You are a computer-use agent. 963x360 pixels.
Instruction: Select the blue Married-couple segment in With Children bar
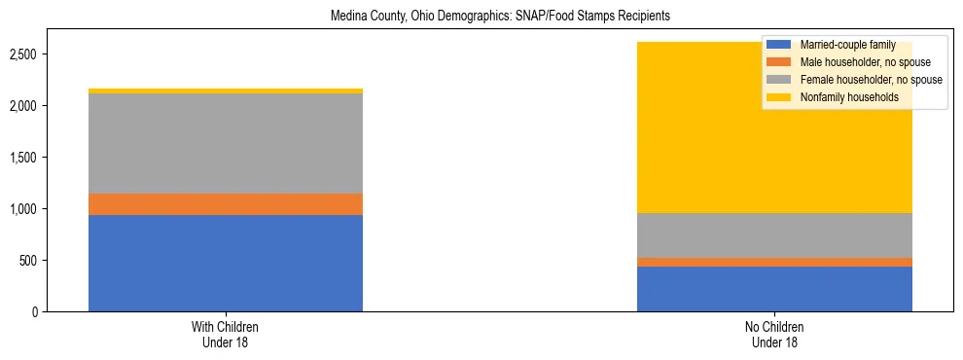tap(226, 263)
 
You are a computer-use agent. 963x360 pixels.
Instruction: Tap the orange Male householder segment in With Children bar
tap(226, 204)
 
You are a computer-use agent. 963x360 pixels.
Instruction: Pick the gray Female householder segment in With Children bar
tap(226, 143)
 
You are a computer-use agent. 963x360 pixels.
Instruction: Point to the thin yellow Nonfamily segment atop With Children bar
tap(226, 90)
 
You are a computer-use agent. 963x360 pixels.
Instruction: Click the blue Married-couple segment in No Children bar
tap(774, 289)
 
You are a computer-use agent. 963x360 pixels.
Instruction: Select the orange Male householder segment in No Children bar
tap(774, 262)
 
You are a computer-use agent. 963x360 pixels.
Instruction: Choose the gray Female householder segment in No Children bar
tap(774, 235)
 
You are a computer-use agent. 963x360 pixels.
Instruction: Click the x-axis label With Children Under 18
tap(226, 334)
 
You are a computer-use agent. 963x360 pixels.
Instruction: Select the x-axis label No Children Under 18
tap(774, 334)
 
